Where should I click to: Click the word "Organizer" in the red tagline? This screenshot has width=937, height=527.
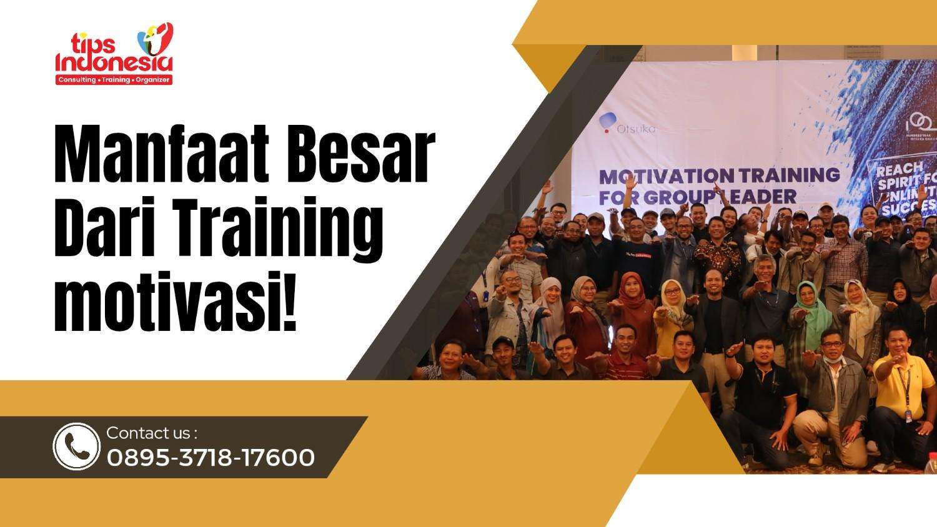point(152,80)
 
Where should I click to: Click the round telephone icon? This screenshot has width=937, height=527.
point(76,446)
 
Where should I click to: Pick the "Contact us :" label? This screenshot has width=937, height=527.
point(152,433)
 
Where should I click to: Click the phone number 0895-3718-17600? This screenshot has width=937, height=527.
point(211,458)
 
